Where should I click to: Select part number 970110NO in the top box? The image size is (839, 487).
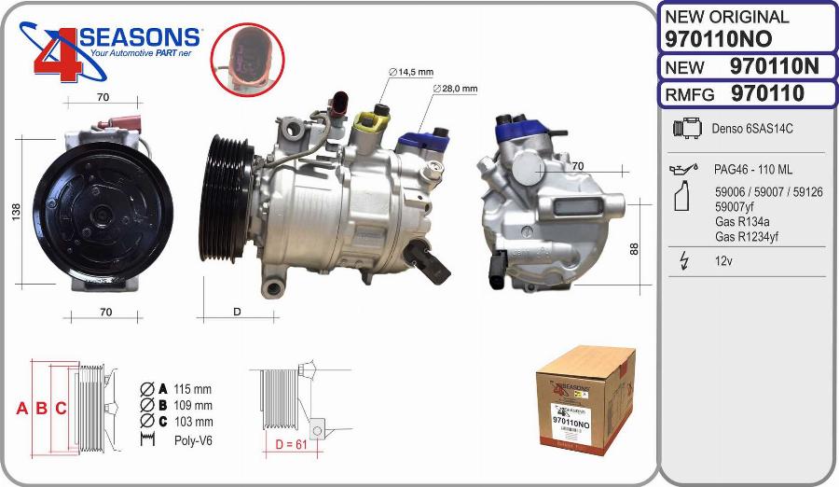point(718,38)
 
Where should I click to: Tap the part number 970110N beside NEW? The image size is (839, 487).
point(774,66)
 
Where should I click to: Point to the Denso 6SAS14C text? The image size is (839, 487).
point(752,129)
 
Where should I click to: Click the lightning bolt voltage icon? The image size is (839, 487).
point(684,261)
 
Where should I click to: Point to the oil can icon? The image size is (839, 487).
point(683,170)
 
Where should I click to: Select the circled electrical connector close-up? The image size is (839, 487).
point(246,58)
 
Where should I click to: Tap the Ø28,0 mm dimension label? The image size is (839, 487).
point(456,89)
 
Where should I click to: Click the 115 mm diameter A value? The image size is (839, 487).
point(193,388)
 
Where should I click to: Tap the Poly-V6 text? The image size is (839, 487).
point(193,438)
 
